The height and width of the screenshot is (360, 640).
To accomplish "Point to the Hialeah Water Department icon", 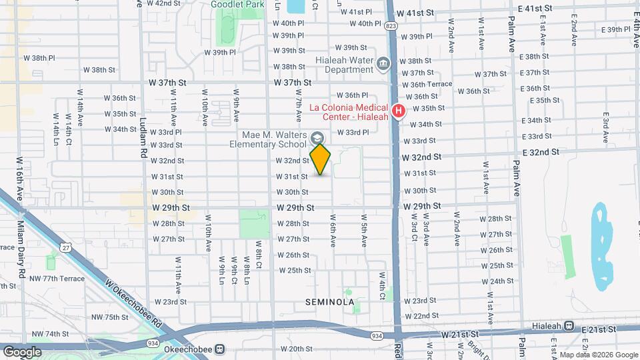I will click(x=383, y=64).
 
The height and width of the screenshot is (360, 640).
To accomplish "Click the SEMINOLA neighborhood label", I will click(x=329, y=302).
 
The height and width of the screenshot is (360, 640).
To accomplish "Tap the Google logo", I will click(x=22, y=351).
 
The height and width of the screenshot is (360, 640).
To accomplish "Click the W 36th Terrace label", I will click(x=431, y=85).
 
